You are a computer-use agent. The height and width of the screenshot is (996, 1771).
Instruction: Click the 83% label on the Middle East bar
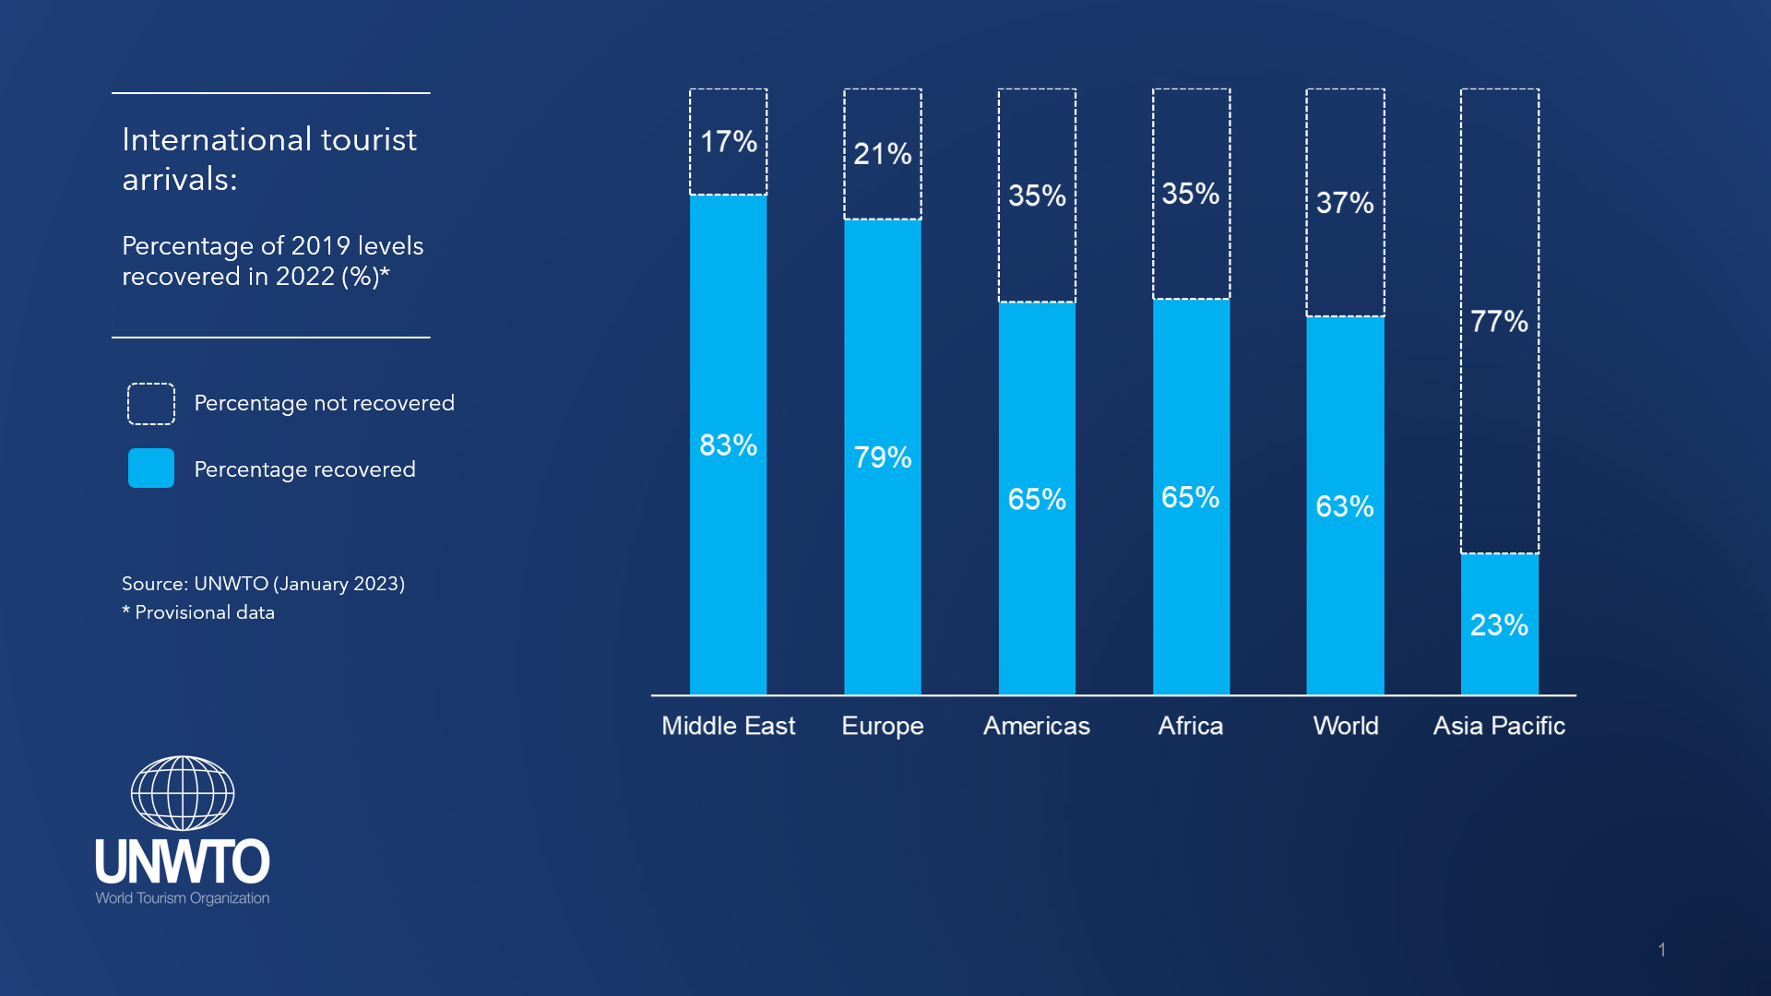728,445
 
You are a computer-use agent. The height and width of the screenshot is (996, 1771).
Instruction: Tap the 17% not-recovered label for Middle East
728,142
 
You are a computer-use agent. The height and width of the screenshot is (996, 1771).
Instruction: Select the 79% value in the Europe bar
882,457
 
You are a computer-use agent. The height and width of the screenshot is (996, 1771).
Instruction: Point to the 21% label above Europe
882,154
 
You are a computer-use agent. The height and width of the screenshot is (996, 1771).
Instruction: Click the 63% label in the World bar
1344,506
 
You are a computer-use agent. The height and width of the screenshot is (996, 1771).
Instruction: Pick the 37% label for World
1344,203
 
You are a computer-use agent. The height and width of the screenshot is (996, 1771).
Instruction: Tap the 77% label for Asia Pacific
1499,322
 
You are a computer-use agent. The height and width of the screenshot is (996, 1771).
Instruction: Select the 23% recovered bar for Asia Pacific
1499,625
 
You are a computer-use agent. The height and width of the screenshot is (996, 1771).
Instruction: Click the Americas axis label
1036,726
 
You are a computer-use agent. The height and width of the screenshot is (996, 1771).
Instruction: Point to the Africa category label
1190,726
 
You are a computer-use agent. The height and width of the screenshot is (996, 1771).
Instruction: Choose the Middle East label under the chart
728,726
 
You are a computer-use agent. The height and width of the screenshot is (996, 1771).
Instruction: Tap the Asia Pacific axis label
1499,726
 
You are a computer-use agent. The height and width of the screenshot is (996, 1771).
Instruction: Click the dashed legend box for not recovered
151,404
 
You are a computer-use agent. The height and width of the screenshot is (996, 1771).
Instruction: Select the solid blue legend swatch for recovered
151,468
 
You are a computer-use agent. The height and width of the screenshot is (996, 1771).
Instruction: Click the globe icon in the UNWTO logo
183,793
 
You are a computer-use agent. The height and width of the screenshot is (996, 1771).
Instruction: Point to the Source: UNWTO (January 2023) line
263,584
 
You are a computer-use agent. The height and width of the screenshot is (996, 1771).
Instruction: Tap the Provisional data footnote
204,612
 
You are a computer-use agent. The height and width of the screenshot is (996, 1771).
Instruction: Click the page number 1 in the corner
1661,950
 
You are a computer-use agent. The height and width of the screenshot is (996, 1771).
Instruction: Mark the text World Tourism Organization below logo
183,898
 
